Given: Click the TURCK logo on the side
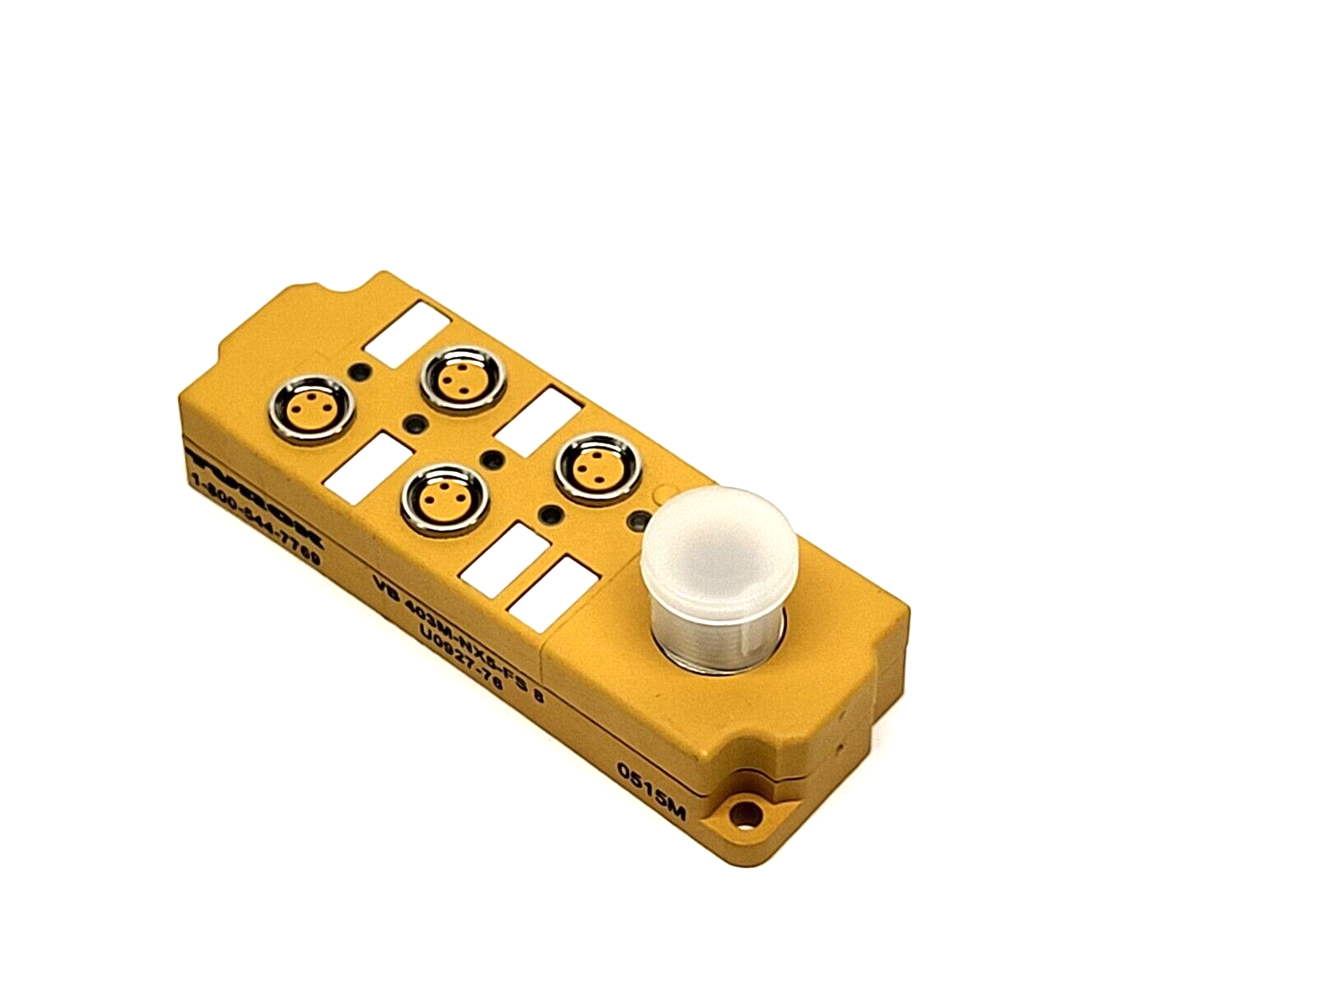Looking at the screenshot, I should [x=256, y=490].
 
